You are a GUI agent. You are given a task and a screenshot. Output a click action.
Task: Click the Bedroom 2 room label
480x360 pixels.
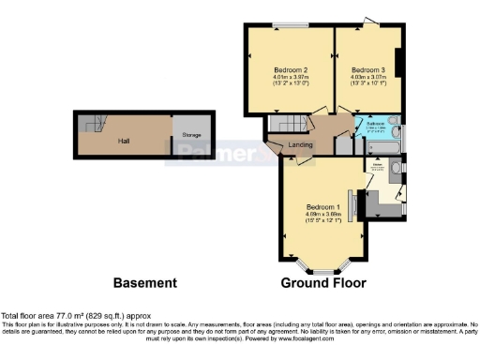(x=292, y=70)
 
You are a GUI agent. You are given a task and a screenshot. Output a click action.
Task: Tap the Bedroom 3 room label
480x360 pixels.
(x=367, y=70)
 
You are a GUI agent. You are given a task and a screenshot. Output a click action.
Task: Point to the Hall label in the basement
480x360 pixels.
(x=123, y=140)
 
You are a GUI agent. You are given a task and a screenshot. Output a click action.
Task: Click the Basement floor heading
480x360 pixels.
(x=144, y=282)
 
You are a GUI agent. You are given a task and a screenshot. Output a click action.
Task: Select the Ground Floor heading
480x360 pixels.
(x=323, y=282)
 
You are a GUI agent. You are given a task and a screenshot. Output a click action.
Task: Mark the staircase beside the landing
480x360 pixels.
(x=282, y=124)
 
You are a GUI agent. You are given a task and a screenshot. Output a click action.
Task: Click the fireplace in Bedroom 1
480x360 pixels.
(x=353, y=206)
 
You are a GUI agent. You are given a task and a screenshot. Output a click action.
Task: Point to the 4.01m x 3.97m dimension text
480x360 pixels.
(x=292, y=79)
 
